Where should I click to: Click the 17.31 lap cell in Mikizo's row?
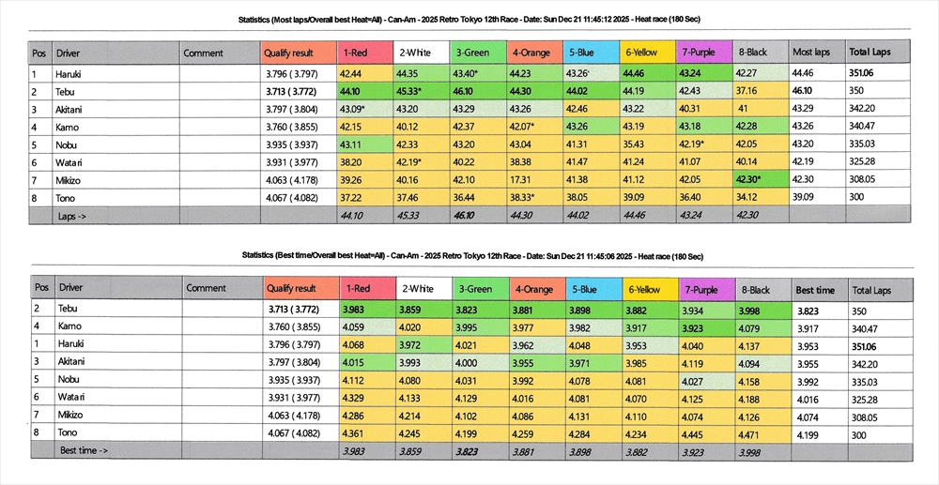pyautogui.click(x=524, y=179)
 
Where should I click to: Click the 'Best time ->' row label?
pyautogui.click(x=84, y=450)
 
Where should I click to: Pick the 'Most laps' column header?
pyautogui.click(x=810, y=53)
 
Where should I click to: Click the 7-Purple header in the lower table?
pyautogui.click(x=701, y=289)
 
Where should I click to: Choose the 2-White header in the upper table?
pyautogui.click(x=416, y=53)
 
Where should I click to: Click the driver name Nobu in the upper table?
pyautogui.click(x=68, y=144)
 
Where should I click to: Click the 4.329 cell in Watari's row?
pyautogui.click(x=355, y=398)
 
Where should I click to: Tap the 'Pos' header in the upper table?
pyautogui.click(x=39, y=53)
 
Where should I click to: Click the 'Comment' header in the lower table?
pyautogui.click(x=206, y=289)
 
